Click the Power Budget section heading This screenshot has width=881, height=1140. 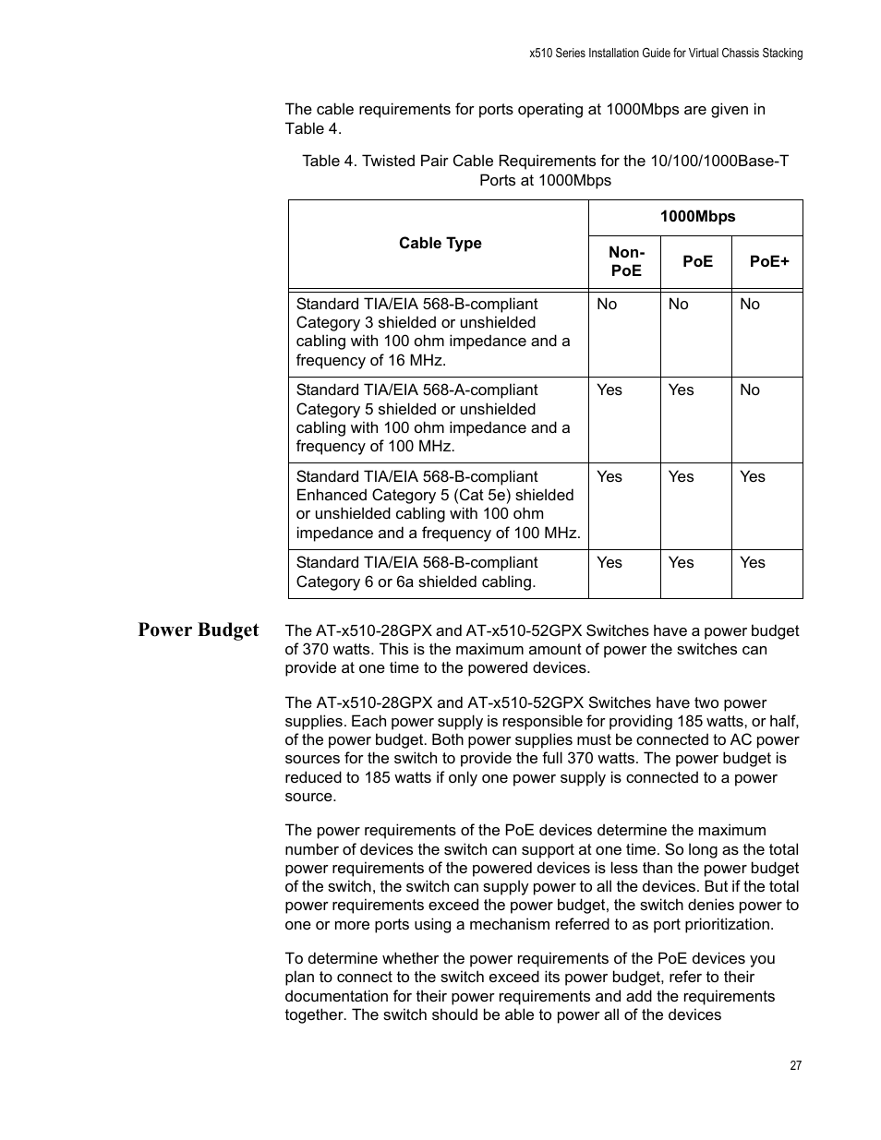pos(199,630)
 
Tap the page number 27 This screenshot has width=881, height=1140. pos(796,1065)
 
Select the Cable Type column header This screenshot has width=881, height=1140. pos(440,244)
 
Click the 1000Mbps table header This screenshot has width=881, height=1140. pos(697,217)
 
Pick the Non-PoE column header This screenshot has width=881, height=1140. pos(625,261)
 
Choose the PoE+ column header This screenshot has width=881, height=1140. pos(769,261)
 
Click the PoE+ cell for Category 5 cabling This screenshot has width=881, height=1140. pos(750,390)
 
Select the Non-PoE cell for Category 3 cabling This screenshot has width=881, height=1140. pos(607,305)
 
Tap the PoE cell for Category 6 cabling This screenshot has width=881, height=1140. pos(681,563)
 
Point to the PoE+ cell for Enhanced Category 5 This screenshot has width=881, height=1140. pos(753,477)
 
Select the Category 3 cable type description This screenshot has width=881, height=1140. pos(433,332)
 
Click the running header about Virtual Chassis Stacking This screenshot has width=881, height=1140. pos(666,54)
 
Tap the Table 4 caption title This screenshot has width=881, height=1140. pos(545,171)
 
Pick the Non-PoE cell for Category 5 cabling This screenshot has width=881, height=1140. pos(609,390)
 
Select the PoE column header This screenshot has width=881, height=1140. pos(697,261)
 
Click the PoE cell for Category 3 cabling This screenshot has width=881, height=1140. pos(679,305)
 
